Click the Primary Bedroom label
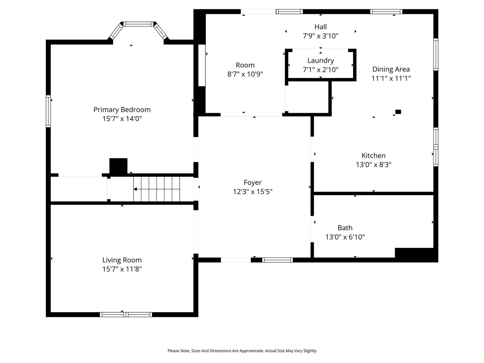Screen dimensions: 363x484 [122, 110]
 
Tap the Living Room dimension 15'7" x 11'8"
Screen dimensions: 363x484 [122, 269]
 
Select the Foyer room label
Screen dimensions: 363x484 [253, 183]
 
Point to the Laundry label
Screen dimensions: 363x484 [320, 60]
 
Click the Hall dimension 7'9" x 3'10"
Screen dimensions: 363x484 [320, 36]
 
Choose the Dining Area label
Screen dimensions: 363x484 [391, 69]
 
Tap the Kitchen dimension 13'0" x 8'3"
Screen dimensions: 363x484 [374, 165]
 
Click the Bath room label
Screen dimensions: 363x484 [345, 228]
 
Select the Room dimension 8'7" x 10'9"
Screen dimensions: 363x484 [245, 74]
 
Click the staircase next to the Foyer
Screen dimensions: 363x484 [157, 189]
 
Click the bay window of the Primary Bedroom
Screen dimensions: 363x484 [139, 25]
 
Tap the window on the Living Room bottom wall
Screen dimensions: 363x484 [126, 315]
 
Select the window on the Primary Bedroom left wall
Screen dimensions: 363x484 [48, 111]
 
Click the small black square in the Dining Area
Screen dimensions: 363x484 [398, 112]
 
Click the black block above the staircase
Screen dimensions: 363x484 [118, 166]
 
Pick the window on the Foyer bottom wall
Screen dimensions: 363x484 [277, 260]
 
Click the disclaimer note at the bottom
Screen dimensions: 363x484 [242, 351]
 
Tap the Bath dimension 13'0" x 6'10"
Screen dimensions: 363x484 [345, 237]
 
